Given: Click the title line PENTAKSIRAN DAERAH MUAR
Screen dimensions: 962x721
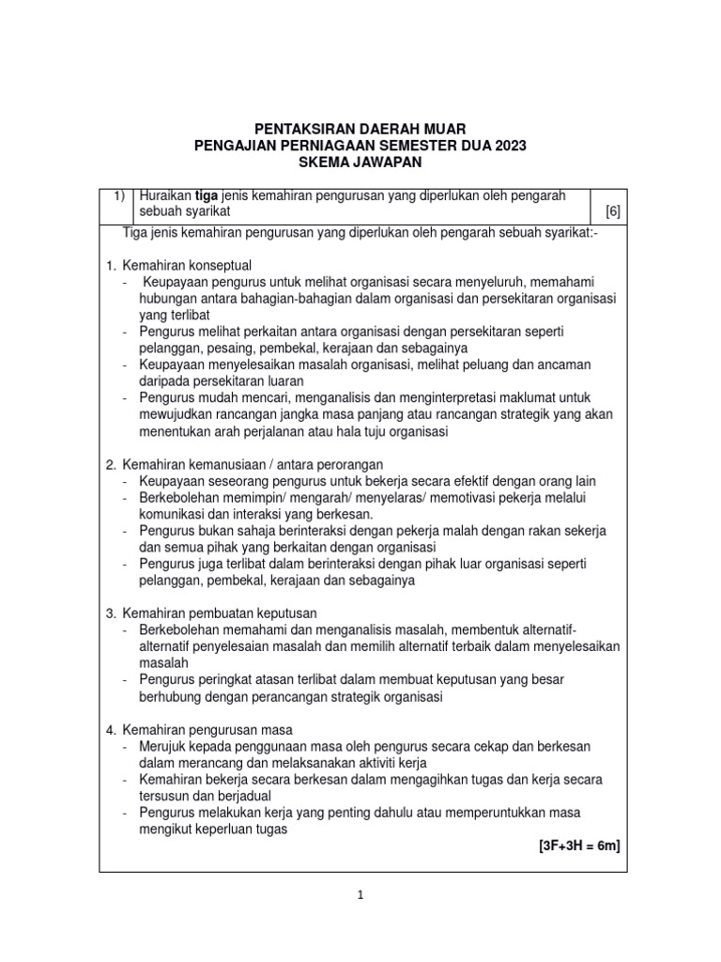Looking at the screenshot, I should tap(360, 128).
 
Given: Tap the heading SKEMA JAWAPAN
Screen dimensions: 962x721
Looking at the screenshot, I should tap(360, 163).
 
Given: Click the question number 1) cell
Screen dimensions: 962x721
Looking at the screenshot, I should tap(119, 194).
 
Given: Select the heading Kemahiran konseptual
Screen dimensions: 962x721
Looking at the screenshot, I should tap(185, 265).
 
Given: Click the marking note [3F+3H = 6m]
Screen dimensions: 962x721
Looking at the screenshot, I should tap(579, 846).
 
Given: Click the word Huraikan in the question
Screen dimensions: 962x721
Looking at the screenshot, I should tap(165, 194).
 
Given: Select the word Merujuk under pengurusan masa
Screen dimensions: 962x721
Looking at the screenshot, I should tap(164, 747).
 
